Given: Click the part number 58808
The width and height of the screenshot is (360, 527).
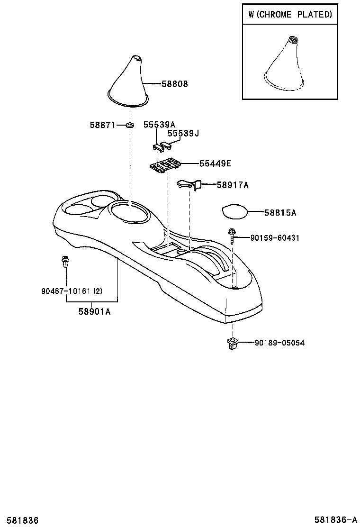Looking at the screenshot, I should pos(175,84).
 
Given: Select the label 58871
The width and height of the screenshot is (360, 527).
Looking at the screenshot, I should pos(102,125).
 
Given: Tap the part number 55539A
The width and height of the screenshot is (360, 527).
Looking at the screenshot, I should pos(159,125).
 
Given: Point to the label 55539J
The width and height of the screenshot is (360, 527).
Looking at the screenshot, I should pos(183,134).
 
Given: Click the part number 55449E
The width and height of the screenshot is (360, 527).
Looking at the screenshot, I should pos(215,164).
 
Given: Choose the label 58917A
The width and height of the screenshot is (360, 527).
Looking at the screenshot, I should pos(233,185).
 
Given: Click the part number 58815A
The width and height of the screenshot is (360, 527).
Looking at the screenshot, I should pos(280,213).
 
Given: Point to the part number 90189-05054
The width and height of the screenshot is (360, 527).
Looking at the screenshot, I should pos(279,343).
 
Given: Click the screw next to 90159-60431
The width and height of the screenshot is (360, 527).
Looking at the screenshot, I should pos(232,235).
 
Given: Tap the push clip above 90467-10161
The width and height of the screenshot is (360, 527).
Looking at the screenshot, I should pos(65,262).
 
